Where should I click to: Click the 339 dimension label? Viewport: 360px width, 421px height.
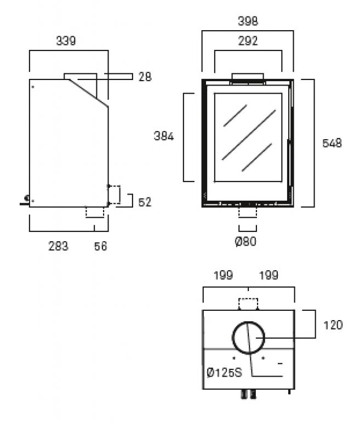pos(66,41)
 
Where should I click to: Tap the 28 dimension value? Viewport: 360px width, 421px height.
pos(145,77)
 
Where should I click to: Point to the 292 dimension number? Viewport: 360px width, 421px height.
pos(248,41)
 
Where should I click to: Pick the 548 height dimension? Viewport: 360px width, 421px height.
pos(332,143)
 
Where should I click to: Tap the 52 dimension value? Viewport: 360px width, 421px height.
pos(145,202)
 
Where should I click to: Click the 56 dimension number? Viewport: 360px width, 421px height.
pos(100,247)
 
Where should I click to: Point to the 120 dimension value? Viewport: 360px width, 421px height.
pos(333,325)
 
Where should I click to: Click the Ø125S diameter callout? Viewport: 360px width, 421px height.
pos(225,373)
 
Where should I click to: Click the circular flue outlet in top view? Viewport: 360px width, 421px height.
pos(249,336)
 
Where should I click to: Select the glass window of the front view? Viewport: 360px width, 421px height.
pos(248,137)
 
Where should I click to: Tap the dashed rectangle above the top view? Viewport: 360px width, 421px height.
pos(249,304)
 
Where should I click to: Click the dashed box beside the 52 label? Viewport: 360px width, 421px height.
pos(115,195)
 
